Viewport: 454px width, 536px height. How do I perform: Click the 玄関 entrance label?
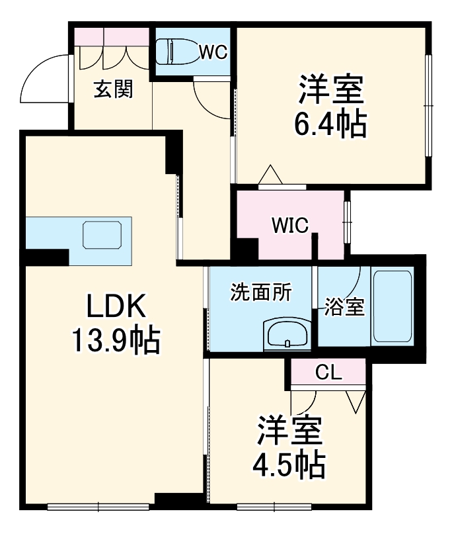point(113,89)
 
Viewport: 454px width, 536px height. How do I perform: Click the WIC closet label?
point(289,226)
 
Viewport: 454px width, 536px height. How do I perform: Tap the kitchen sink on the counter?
point(101,235)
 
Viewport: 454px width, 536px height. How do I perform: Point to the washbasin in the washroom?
point(287,334)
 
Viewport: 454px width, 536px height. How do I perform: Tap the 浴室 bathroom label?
point(345,306)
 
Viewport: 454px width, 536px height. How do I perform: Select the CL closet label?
point(328,372)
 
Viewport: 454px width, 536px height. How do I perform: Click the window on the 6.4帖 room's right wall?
point(428,106)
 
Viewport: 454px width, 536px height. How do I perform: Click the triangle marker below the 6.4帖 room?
point(270,175)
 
